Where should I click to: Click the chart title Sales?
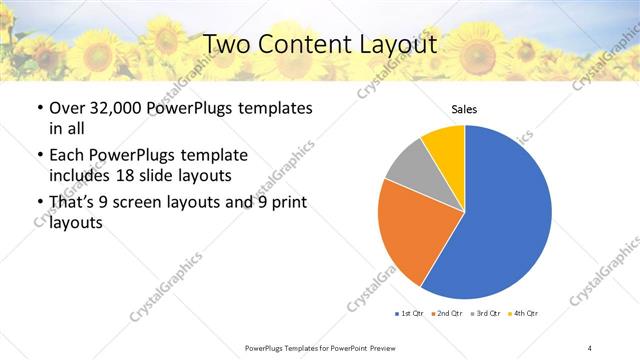pos(464,109)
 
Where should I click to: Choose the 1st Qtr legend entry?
pos(410,315)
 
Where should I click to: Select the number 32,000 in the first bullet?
pos(111,107)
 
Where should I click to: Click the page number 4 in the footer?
pos(590,347)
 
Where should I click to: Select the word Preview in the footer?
pos(377,347)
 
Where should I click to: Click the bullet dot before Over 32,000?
pos(38,107)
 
